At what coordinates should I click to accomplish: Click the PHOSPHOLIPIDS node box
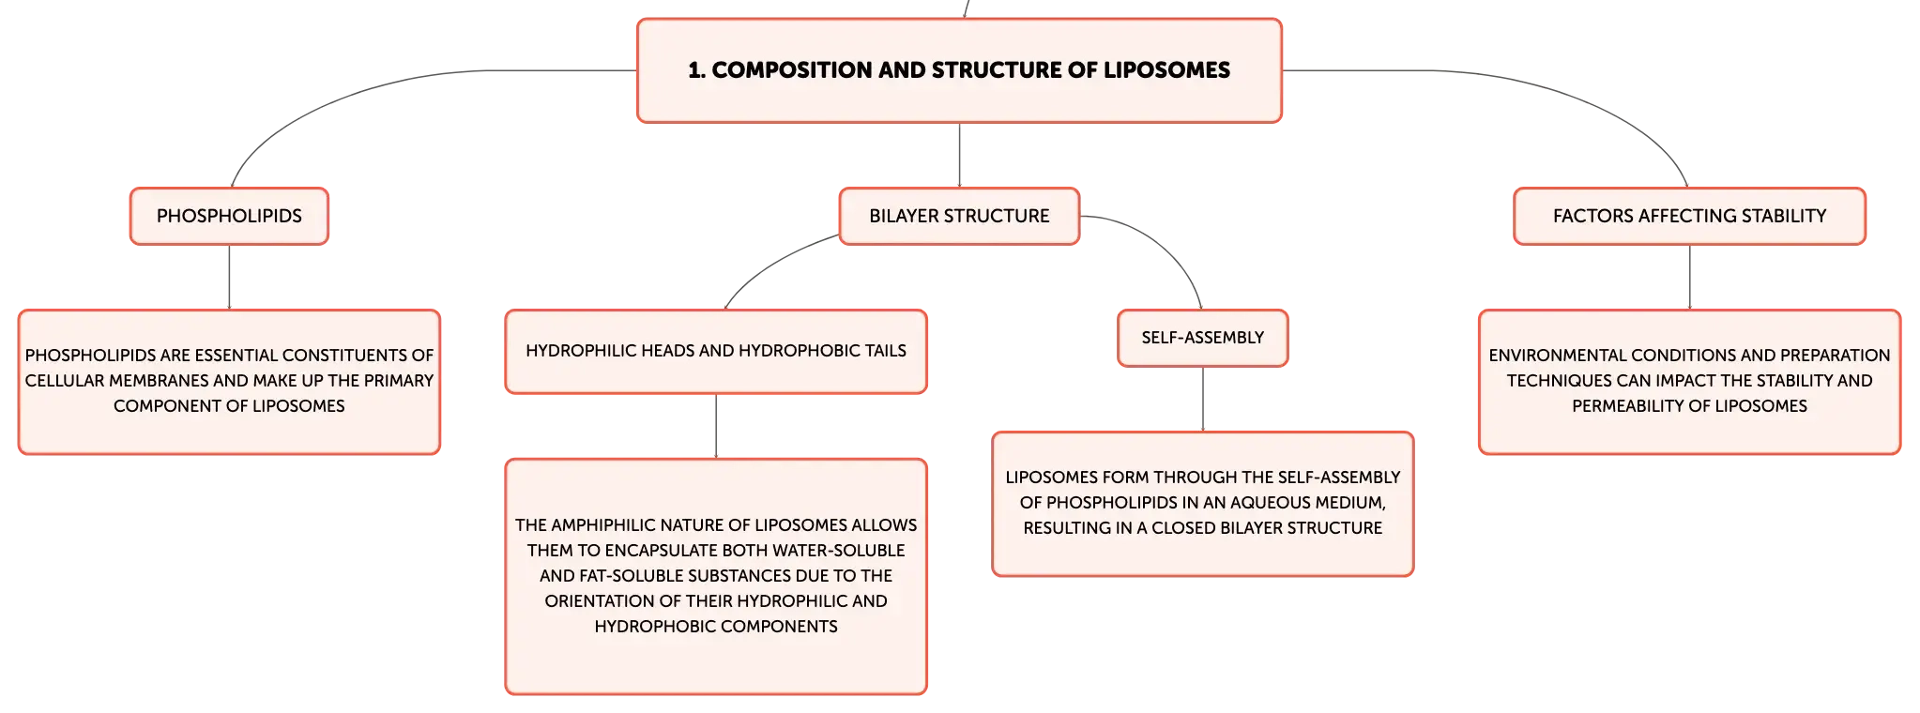[x=229, y=216]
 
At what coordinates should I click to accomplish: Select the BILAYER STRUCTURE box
[x=959, y=216]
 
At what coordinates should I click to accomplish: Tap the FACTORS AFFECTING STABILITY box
[x=1689, y=216]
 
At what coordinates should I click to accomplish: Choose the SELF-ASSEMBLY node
[x=1202, y=338]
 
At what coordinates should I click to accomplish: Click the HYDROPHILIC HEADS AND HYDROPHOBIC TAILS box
[x=716, y=352]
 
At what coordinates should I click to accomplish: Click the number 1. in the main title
[x=696, y=70]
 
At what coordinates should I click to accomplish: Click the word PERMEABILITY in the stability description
[x=1628, y=406]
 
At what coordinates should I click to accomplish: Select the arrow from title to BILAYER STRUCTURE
[x=959, y=155]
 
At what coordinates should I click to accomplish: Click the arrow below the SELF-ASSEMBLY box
[x=1202, y=400]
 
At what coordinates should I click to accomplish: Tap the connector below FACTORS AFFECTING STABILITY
[x=1689, y=278]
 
